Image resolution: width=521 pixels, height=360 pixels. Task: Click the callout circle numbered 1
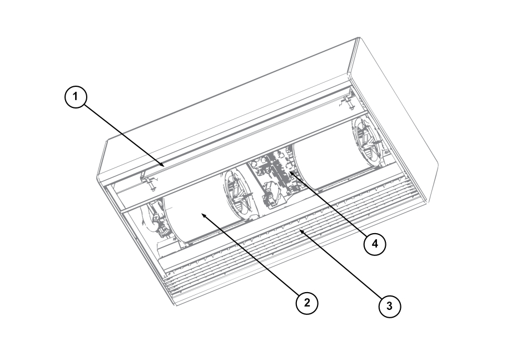tap(76, 97)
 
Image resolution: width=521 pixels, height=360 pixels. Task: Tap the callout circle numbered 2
tap(307, 303)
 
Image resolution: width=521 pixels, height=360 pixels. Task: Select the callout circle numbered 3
tap(390, 306)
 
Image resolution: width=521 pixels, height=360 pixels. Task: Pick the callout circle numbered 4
tap(375, 244)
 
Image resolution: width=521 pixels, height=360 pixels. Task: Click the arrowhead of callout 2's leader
tap(204, 215)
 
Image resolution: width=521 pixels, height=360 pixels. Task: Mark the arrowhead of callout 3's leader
tap(300, 231)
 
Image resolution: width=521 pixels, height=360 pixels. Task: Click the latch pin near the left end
tap(150, 183)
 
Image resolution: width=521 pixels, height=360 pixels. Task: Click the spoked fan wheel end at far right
tap(368, 142)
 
